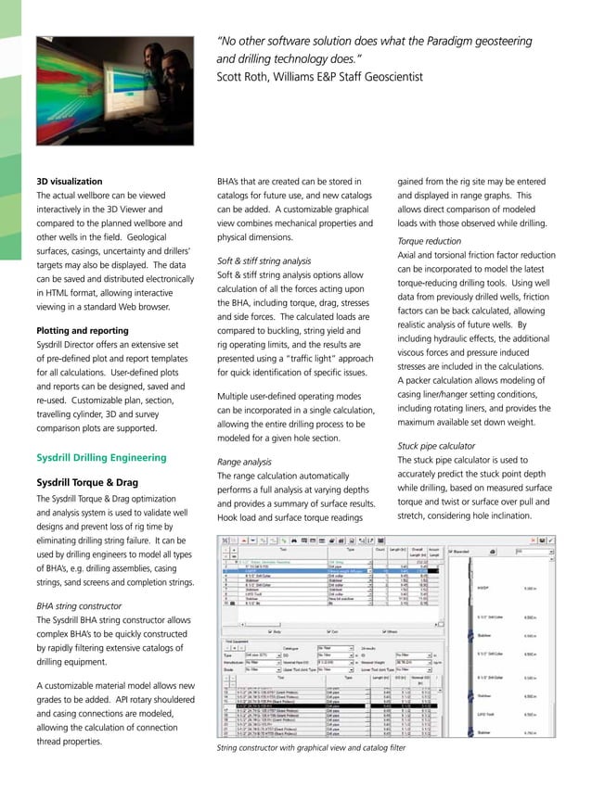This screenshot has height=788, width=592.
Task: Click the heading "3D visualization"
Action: click(69, 182)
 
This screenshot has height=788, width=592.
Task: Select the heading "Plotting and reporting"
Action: click(82, 330)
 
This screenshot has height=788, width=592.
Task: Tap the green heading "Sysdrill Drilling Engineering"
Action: click(101, 457)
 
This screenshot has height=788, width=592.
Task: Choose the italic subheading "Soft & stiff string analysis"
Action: click(264, 261)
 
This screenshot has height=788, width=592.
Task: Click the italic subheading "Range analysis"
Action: click(244, 461)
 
